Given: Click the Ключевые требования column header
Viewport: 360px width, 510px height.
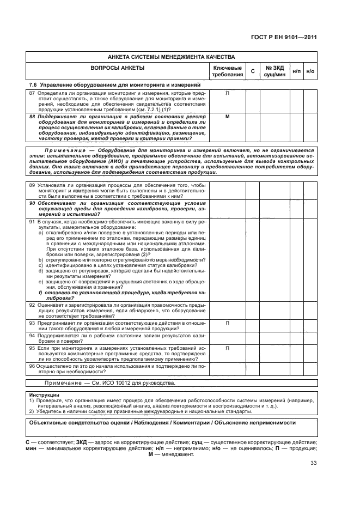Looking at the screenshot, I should (x=228, y=71).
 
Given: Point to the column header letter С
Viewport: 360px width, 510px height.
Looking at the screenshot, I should (x=252, y=71).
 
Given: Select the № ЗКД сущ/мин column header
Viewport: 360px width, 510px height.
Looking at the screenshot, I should (x=274, y=71).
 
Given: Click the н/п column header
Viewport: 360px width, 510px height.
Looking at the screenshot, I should (x=297, y=71).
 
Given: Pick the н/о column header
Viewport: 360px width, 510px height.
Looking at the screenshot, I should (x=310, y=71).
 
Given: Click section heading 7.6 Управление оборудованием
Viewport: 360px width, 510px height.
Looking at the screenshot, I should (x=115, y=85).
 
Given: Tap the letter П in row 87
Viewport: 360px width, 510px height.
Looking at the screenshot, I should (x=228, y=93).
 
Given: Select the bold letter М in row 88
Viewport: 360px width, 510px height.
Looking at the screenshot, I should (x=228, y=117).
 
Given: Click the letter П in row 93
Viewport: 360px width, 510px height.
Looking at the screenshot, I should (x=228, y=323).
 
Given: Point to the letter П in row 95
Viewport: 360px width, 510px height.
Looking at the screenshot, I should (x=228, y=347).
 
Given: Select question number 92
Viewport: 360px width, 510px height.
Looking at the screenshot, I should (x=32, y=306).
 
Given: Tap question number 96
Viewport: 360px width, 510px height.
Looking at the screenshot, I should (x=32, y=367).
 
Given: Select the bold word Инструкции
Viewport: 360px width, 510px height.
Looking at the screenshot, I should (x=44, y=394).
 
